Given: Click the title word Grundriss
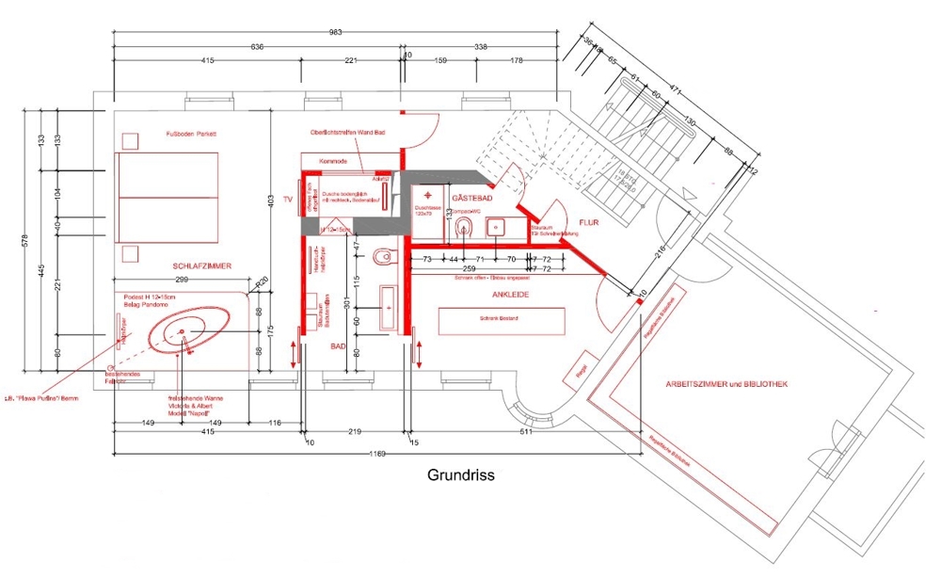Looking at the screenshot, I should tap(460, 476).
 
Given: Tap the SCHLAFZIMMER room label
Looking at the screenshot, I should tap(202, 265).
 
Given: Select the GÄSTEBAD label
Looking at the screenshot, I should tap(468, 199).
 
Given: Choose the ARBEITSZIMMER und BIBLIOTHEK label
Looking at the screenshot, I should tap(726, 385).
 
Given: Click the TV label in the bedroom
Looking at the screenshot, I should tap(263, 201).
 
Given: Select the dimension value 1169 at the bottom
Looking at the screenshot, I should tap(377, 454).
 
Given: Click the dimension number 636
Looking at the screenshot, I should tap(256, 45).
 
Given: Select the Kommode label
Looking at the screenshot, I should tap(334, 161).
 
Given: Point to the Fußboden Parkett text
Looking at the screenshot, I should tap(191, 135).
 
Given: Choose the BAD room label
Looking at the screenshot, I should tap(338, 346).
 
